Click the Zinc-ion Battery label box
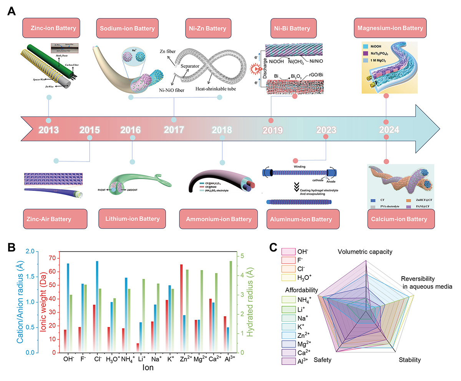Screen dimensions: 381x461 pyautogui.click(x=48, y=28)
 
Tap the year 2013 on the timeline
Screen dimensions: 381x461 pyautogui.click(x=48, y=130)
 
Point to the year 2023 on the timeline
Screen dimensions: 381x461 pyautogui.click(x=325, y=130)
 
